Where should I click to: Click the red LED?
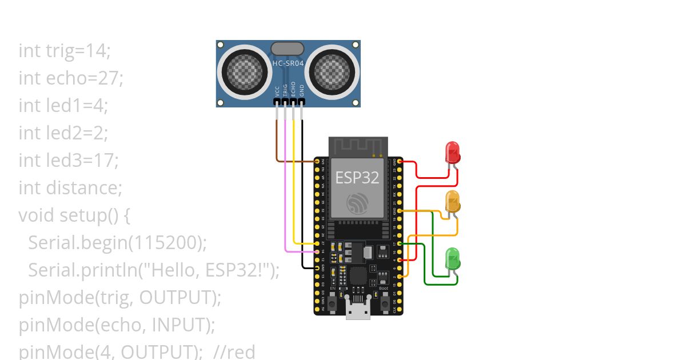pyautogui.click(x=453, y=153)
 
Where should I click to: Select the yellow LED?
pyautogui.click(x=453, y=202)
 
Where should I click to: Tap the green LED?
pyautogui.click(x=453, y=258)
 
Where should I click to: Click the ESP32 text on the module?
pyautogui.click(x=357, y=177)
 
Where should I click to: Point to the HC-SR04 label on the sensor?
pyautogui.click(x=288, y=64)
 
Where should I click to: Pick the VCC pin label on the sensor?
pyautogui.click(x=277, y=91)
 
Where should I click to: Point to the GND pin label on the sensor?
pyautogui.click(x=302, y=91)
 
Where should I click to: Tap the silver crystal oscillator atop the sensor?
pyautogui.click(x=288, y=48)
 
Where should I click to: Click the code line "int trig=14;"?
pyautogui.click(x=65, y=51)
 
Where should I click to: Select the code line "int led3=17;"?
pyautogui.click(x=69, y=161)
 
